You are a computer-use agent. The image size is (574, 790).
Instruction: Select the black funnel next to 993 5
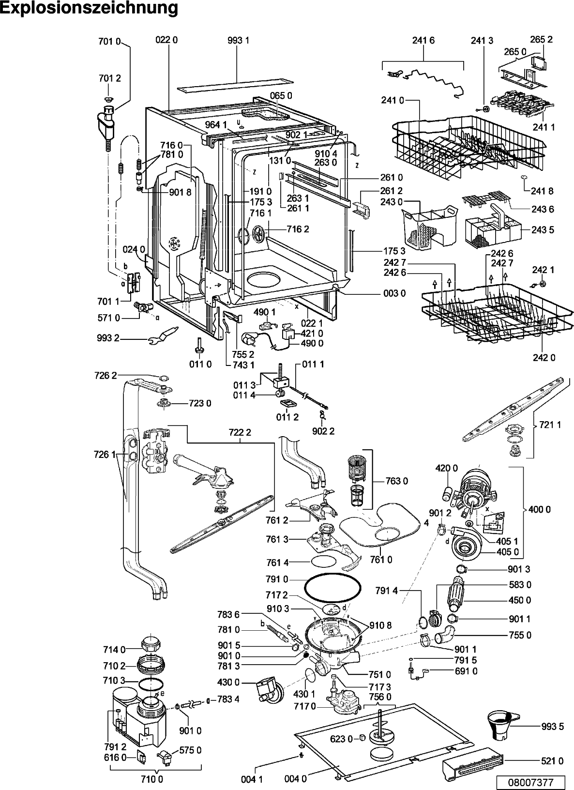click(x=501, y=724)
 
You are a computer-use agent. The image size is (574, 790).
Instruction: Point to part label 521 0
click(x=552, y=761)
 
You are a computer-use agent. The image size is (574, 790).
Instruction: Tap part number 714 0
click(x=114, y=649)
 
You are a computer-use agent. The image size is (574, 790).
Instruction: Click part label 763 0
click(x=396, y=481)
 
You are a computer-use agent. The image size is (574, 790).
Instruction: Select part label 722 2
click(x=239, y=432)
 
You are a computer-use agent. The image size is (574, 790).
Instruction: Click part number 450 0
click(x=519, y=600)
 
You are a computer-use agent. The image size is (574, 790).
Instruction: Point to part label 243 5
click(x=543, y=230)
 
